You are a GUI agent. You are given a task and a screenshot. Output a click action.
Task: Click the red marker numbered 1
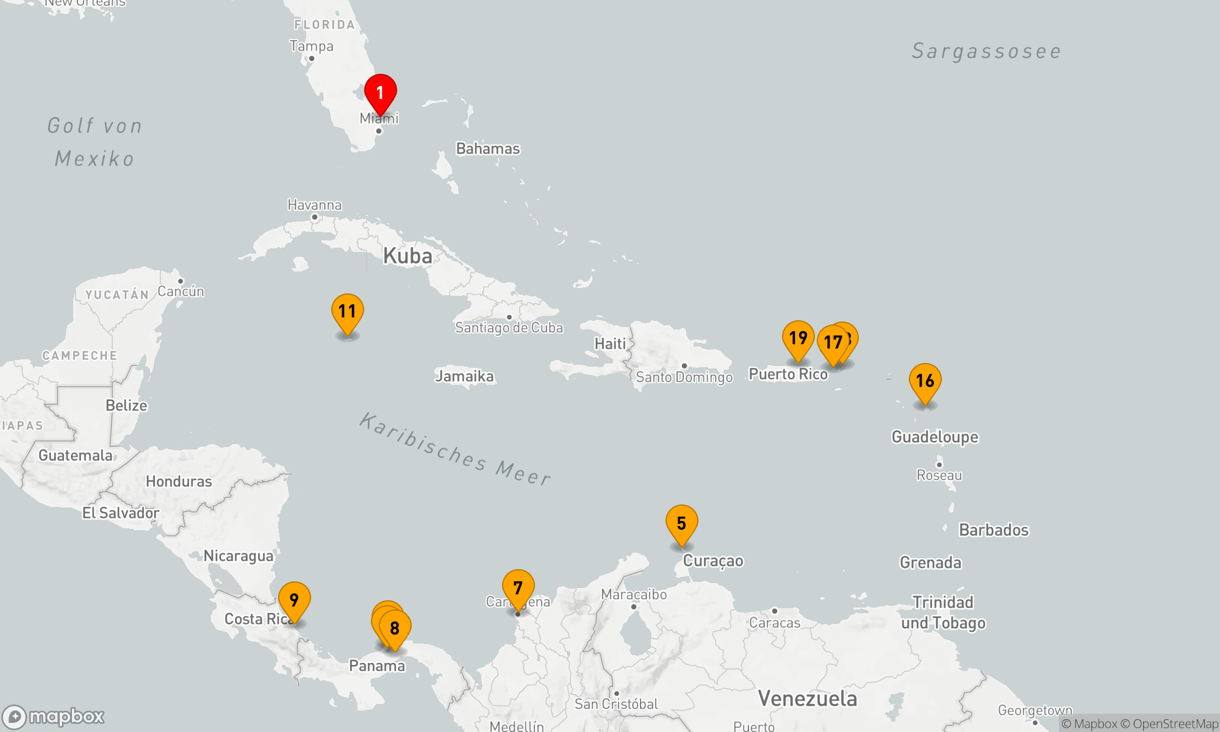click(x=381, y=93)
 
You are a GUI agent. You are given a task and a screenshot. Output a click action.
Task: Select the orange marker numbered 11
click(x=348, y=311)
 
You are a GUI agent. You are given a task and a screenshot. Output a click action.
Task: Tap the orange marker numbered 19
click(x=798, y=338)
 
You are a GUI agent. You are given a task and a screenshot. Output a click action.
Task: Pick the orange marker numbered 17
click(x=833, y=343)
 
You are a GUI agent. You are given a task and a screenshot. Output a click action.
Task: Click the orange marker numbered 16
click(x=925, y=381)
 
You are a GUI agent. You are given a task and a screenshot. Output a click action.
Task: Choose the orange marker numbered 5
click(x=682, y=523)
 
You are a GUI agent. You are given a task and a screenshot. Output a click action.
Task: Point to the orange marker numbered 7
click(x=518, y=587)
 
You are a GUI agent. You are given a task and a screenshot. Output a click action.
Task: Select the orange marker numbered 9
click(x=295, y=600)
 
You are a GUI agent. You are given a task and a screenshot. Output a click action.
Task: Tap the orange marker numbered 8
click(x=395, y=628)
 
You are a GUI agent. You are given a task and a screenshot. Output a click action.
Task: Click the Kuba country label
click(x=407, y=256)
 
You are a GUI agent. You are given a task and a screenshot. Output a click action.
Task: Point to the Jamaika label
click(x=464, y=376)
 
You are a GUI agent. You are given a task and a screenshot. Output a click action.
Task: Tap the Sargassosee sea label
click(x=986, y=52)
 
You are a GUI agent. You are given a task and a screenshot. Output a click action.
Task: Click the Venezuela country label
click(x=807, y=698)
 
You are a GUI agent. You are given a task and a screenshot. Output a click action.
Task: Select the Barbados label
click(x=994, y=530)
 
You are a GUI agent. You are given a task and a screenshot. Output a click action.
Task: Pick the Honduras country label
click(x=179, y=482)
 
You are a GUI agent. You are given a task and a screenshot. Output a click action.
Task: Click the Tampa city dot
click(x=312, y=59)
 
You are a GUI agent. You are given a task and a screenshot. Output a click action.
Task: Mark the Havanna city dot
click(x=315, y=217)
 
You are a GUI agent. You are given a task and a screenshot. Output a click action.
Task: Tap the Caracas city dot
click(x=775, y=611)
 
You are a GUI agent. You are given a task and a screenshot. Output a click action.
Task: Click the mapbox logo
click(x=54, y=717)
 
